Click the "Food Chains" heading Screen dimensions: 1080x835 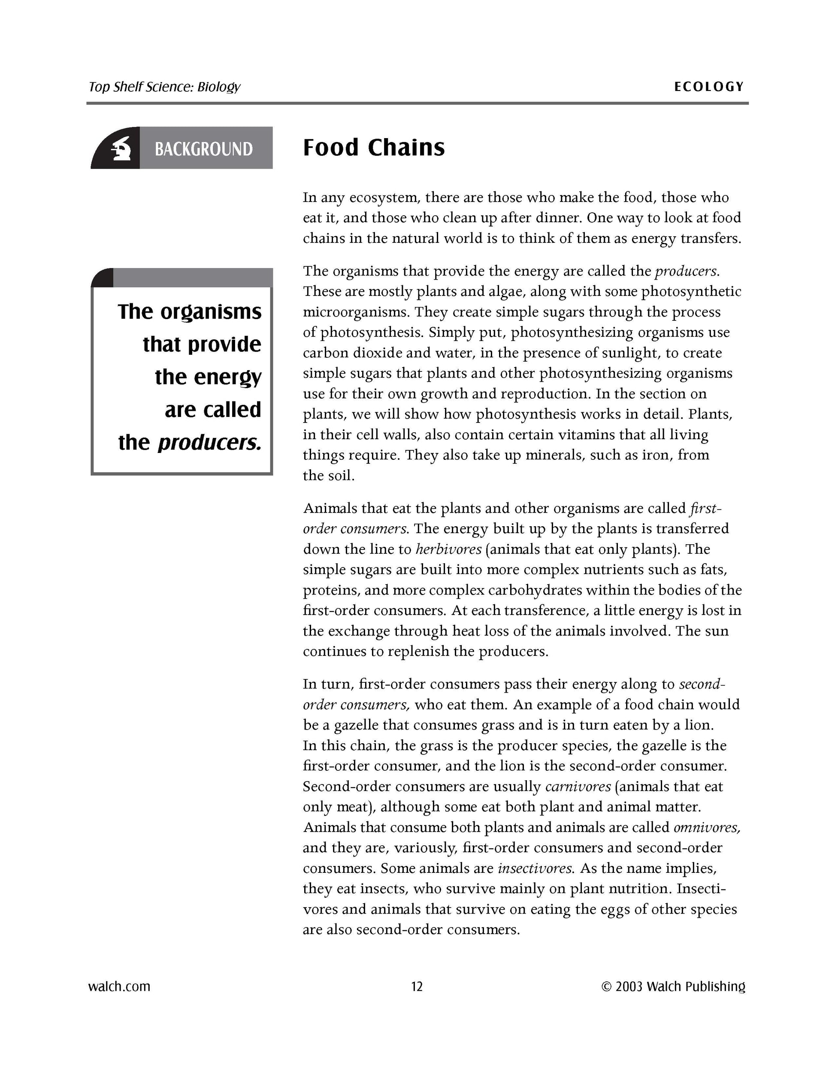point(373,148)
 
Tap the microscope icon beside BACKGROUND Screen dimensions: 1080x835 point(120,148)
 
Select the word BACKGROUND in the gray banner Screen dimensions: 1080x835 point(204,149)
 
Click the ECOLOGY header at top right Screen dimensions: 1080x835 point(709,87)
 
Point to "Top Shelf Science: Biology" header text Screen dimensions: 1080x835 point(164,87)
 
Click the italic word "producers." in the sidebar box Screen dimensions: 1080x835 point(209,443)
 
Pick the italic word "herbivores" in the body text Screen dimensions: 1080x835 point(448,549)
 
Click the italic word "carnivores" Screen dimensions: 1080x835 point(578,786)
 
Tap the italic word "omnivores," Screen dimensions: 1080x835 point(707,827)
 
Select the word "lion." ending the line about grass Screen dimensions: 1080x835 point(699,725)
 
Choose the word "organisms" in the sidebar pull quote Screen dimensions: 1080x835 point(211,312)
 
